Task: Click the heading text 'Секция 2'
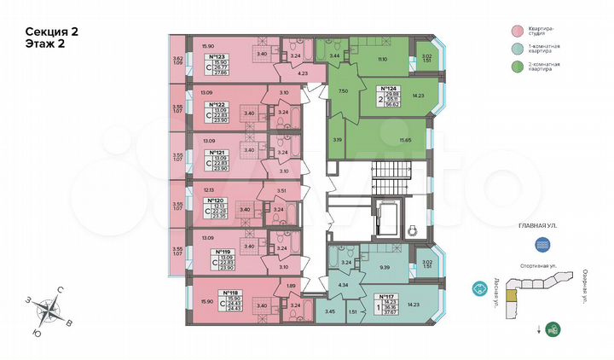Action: click(x=52, y=32)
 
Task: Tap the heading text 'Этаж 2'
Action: click(x=46, y=45)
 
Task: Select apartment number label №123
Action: click(x=217, y=55)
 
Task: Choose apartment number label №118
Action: click(x=217, y=289)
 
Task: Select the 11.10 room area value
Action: click(x=381, y=59)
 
